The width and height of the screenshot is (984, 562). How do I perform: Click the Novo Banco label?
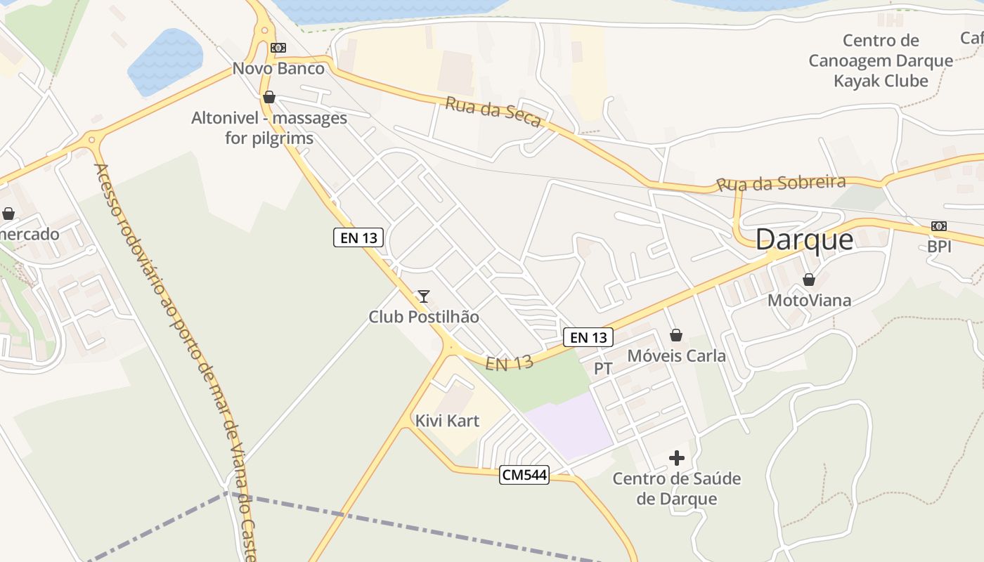(278, 69)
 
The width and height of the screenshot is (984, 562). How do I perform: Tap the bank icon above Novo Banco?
(278, 48)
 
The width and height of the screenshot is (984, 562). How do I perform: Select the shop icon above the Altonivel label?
(268, 97)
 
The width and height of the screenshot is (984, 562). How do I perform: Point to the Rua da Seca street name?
(493, 112)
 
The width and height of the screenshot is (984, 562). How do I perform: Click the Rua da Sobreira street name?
(781, 183)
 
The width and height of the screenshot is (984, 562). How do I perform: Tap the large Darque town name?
(804, 240)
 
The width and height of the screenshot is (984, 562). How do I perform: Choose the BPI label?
(939, 247)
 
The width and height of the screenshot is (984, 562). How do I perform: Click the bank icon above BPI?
(938, 226)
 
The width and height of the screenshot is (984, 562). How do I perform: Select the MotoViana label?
(809, 301)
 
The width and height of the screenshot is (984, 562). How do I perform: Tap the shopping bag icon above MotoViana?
(809, 280)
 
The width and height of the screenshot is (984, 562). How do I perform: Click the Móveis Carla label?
(676, 355)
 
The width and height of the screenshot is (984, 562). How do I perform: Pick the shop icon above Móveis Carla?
(676, 335)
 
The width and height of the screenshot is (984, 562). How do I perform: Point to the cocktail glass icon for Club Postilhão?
(423, 296)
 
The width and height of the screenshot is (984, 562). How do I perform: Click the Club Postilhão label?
(424, 317)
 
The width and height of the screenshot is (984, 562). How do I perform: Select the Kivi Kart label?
(447, 421)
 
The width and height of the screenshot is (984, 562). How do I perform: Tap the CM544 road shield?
(524, 475)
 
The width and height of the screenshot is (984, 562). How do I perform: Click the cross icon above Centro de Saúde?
(676, 458)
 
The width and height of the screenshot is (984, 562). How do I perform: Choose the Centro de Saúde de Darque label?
(676, 489)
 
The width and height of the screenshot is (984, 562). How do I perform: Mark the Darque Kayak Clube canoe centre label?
(881, 60)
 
